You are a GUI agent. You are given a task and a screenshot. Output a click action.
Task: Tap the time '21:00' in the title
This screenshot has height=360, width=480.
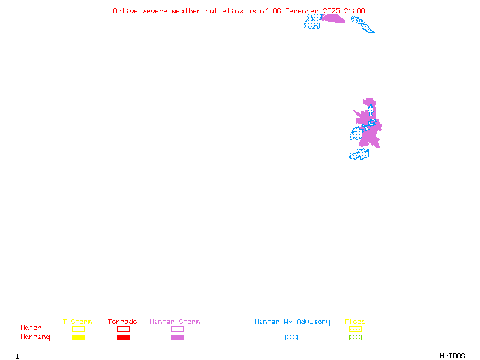[354, 11]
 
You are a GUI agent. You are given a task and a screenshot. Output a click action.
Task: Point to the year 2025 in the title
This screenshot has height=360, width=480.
[332, 11]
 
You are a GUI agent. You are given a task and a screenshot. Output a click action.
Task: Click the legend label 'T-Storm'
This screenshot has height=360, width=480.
[77, 322]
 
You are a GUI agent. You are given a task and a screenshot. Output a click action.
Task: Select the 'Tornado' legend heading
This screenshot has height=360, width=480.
[122, 322]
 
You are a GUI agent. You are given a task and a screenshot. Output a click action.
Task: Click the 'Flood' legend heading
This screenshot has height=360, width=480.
[355, 322]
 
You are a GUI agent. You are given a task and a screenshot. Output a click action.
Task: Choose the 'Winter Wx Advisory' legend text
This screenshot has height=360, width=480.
[292, 322]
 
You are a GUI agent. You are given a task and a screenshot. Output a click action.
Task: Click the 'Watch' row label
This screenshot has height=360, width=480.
[31, 328]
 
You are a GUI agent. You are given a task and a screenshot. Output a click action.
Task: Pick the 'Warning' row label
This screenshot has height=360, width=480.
[35, 337]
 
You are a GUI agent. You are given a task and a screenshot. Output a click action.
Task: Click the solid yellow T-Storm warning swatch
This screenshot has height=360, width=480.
[78, 338]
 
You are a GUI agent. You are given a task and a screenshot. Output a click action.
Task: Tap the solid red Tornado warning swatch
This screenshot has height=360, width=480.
[123, 338]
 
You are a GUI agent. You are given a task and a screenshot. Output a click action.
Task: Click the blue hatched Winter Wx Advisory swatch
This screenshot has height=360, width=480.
[291, 338]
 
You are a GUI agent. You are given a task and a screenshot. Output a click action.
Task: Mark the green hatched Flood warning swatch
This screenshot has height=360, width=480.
[355, 338]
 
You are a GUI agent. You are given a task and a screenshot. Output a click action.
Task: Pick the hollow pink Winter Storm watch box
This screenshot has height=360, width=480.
[177, 329]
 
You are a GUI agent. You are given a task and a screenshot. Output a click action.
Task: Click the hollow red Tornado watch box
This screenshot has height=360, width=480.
[123, 329]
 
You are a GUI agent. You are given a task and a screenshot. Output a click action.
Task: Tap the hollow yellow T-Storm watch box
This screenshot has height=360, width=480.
[78, 329]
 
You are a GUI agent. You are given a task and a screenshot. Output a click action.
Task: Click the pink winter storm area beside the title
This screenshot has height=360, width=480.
[333, 19]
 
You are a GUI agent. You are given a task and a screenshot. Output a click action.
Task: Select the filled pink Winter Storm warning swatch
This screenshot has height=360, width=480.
[177, 338]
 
